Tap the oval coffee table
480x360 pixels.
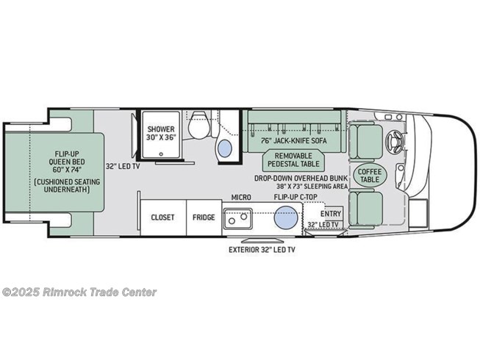tap(370, 176)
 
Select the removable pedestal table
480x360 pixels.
tap(293, 159)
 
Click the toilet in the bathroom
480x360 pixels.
tap(198, 126)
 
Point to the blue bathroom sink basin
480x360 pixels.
tap(225, 149)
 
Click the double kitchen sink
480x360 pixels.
tap(238, 218)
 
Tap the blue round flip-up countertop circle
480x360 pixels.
tap(286, 217)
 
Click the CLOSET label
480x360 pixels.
tap(162, 217)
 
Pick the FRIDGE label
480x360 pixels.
tap(204, 217)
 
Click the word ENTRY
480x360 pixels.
tap(331, 214)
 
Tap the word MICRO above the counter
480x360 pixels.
tap(241, 198)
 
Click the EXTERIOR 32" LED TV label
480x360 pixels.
tap(262, 250)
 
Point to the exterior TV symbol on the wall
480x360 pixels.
tap(262, 240)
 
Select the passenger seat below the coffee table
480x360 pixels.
tap(365, 209)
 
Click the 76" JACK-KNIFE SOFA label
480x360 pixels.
tap(294, 140)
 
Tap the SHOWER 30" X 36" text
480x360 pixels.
tap(161, 133)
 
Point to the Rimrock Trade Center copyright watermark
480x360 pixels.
tap(79, 292)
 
